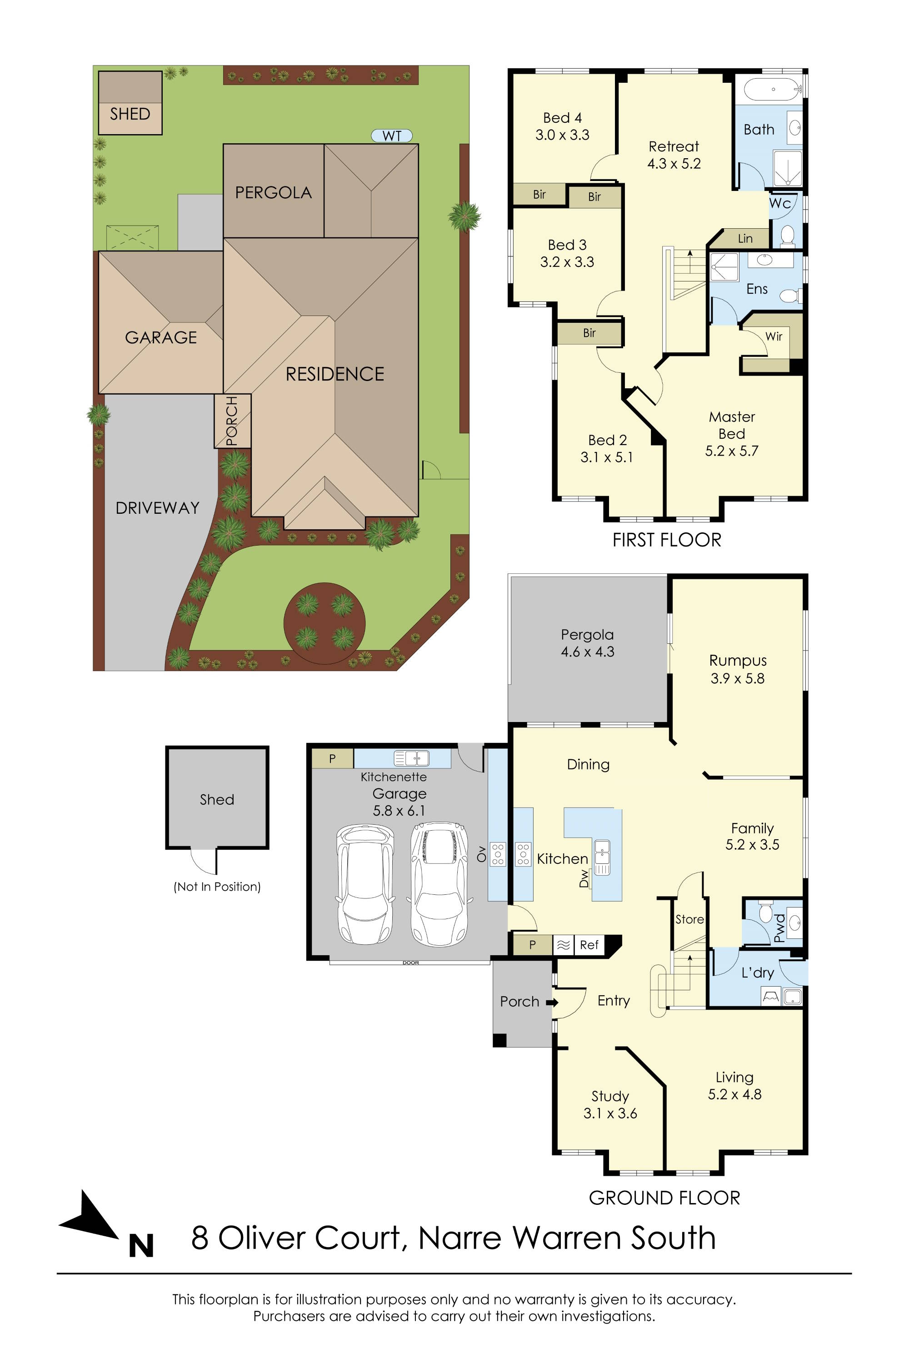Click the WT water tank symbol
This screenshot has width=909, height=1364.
pos(392,135)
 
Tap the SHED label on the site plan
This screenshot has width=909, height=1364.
pos(130,114)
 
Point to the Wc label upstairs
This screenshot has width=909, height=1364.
pos(780,204)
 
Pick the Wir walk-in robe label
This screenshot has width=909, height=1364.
pos(774,336)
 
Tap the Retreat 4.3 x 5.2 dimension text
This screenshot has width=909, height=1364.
pos(674,164)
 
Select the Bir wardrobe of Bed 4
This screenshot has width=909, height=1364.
pos(539,194)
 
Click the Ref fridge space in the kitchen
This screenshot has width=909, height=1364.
pos(589,945)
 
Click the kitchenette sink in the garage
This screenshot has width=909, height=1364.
pos(412,757)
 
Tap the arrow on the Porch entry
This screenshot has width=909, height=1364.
pos(552,1002)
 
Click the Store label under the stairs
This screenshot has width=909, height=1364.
pos(689,919)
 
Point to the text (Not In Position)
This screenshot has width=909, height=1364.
pos(217,887)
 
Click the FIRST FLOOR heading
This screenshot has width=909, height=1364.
pos(667,540)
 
